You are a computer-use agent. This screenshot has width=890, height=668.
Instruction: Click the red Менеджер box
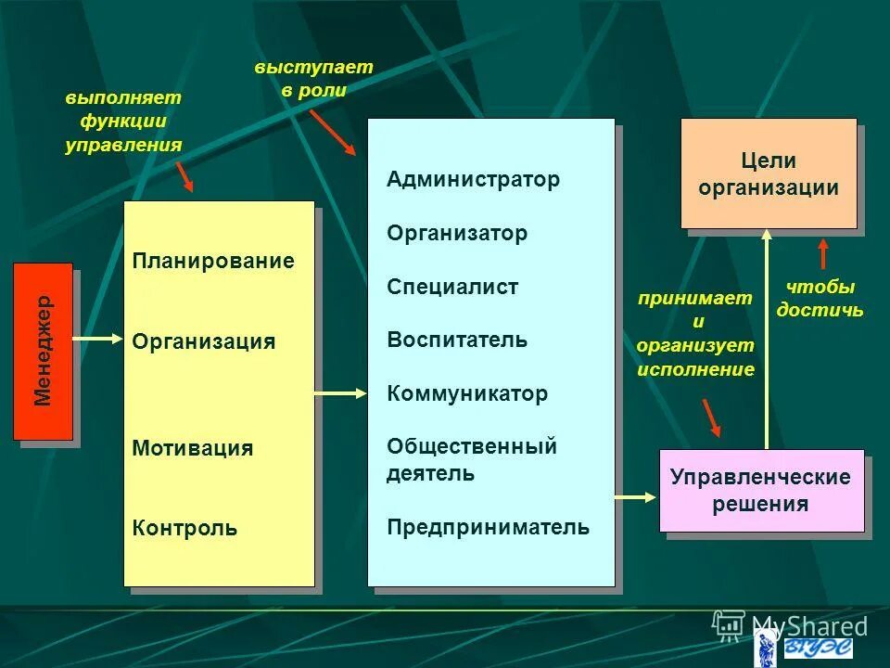tap(43, 351)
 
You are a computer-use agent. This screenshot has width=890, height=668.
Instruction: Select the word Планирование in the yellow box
tap(213, 262)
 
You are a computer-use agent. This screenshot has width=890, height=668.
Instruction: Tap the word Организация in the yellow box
tap(204, 341)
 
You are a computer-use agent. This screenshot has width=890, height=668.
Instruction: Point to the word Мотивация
tap(193, 449)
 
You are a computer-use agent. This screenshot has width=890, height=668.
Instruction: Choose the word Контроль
tap(185, 529)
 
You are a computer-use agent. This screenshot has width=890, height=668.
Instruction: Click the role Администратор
tap(474, 180)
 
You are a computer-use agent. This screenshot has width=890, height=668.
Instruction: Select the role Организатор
tap(457, 234)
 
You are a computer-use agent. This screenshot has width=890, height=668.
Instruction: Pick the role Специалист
tap(452, 288)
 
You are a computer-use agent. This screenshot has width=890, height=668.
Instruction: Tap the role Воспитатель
tap(457, 340)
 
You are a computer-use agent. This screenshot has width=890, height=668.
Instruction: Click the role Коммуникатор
tap(467, 393)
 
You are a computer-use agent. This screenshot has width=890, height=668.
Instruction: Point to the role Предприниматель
tap(488, 528)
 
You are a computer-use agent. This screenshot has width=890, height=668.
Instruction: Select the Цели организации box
tap(769, 173)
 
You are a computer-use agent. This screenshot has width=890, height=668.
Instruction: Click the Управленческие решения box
tap(760, 491)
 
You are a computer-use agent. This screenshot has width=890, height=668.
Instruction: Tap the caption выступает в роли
tap(313, 79)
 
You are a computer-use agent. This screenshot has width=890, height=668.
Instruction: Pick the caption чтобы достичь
tap(820, 299)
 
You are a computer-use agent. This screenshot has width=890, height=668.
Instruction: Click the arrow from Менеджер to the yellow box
tap(97, 339)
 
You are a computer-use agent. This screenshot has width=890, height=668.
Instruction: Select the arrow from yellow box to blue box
tap(341, 394)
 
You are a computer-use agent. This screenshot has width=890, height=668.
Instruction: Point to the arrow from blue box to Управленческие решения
tap(636, 496)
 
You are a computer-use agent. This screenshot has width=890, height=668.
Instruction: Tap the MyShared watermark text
tap(808, 626)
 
